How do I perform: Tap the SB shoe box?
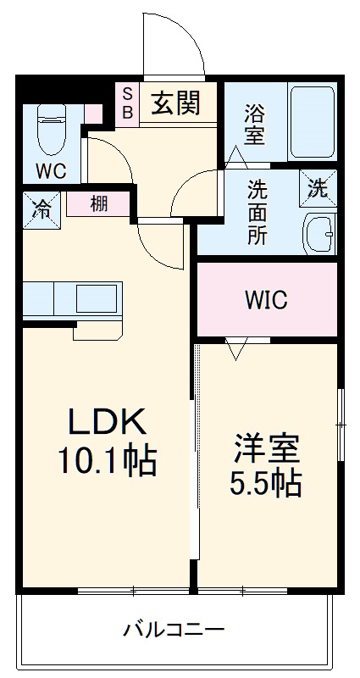[128, 103]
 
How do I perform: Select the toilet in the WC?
[50, 128]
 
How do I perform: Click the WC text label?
[50, 171]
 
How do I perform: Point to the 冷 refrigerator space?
[41, 209]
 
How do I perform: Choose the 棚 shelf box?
[99, 204]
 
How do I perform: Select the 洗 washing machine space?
[318, 189]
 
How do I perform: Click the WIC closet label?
[267, 300]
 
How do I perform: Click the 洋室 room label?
[266, 446]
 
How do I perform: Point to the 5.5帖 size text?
[266, 483]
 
